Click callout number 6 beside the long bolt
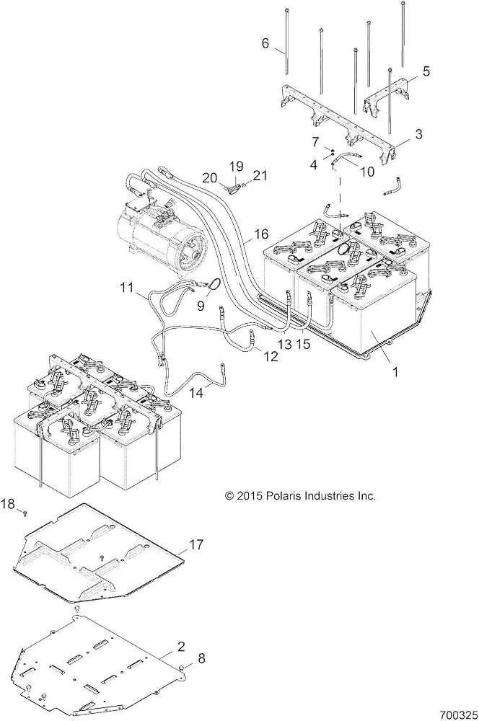tap(265, 43)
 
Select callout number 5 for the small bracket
tap(426, 71)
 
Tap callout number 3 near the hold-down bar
tap(418, 134)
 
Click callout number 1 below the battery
tap(395, 371)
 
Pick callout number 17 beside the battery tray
tap(196, 545)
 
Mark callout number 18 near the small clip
tap(8, 504)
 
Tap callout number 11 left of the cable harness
tap(126, 288)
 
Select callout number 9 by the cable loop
tap(201, 306)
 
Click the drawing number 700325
tap(457, 715)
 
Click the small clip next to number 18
tap(26, 512)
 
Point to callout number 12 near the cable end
tap(271, 355)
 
